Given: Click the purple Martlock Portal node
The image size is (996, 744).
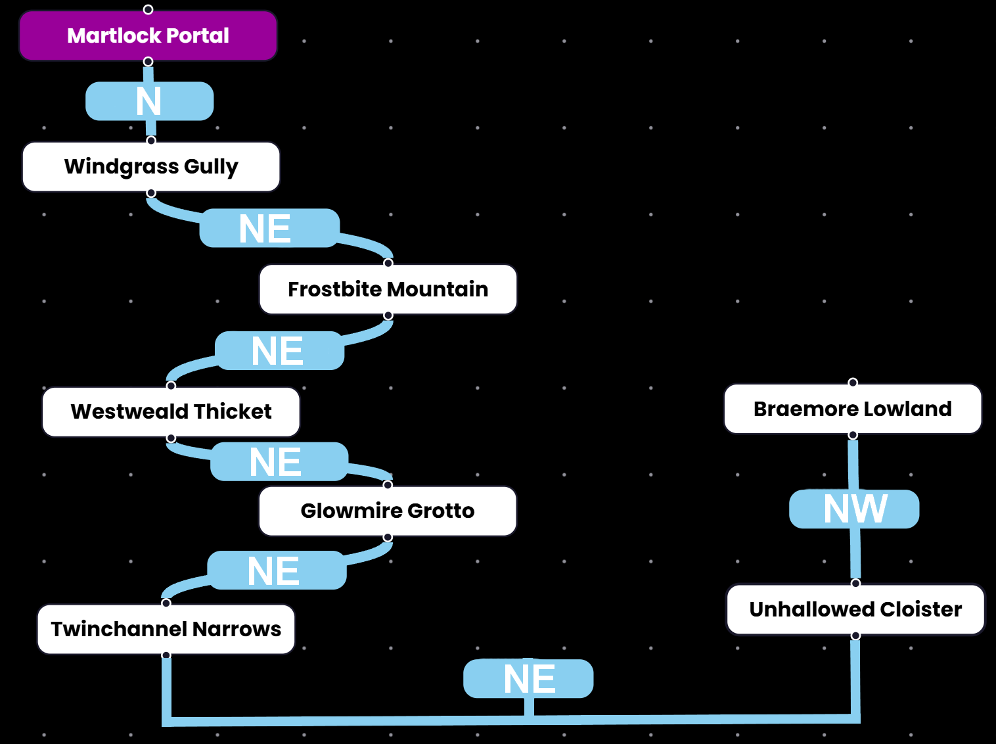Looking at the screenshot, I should click(148, 35).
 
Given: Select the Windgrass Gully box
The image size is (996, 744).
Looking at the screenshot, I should click(151, 167).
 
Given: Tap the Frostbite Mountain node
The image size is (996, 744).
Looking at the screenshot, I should click(388, 289).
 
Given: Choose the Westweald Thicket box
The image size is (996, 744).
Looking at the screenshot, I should click(171, 411).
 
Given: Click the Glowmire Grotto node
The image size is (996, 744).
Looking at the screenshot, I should click(388, 511).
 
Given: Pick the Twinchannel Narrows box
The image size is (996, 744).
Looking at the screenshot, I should click(166, 629).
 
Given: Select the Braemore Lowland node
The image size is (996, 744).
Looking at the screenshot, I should click(852, 409).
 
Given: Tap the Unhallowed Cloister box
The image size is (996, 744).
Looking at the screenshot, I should click(855, 609).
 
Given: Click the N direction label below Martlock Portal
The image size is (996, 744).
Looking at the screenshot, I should click(149, 101).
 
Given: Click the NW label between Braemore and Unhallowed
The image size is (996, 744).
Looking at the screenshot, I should click(854, 509).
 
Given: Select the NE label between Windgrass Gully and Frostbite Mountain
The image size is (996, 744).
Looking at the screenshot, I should click(269, 228).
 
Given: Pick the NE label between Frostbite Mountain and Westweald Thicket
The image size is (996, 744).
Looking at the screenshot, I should click(279, 350).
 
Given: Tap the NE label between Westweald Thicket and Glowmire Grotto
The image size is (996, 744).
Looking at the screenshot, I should click(279, 461).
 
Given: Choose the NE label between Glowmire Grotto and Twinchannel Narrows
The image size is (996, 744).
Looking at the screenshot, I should click(277, 570).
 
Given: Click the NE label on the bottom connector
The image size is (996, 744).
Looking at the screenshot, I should click(528, 678).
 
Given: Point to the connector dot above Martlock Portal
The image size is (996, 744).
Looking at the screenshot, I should click(148, 9).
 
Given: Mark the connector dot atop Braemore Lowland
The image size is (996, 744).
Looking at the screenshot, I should click(853, 383).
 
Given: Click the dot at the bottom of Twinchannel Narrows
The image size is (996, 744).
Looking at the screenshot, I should click(166, 655).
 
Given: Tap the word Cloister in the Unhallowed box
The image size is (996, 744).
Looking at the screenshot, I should click(920, 609).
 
